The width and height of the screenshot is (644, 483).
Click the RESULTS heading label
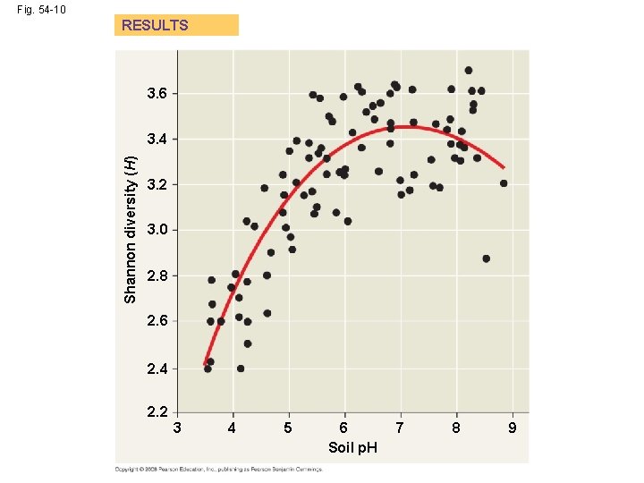pos(155,25)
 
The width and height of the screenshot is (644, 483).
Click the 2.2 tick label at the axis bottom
pos(157,412)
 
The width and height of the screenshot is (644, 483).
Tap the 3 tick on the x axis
pos(177,428)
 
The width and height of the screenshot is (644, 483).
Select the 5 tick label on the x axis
pos(288,428)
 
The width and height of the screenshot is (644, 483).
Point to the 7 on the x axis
pos(400,428)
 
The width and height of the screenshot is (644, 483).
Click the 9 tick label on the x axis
pos(512,428)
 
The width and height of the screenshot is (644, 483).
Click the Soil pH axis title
pos(352,446)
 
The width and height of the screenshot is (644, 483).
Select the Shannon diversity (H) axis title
pos(131,228)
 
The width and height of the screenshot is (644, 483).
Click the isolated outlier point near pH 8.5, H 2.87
pos(486,258)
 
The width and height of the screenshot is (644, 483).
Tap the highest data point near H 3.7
pos(469,70)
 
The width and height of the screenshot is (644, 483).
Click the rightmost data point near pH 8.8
pos(504,183)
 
